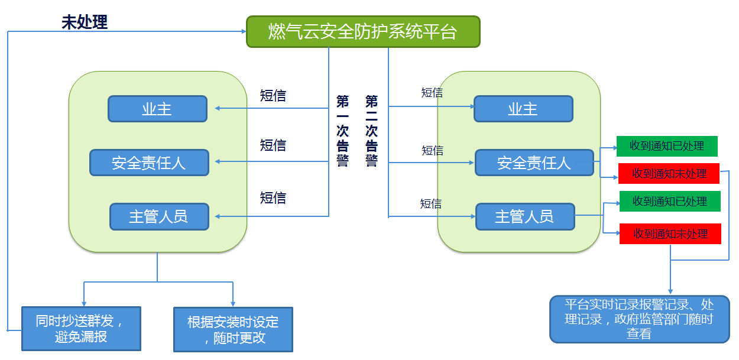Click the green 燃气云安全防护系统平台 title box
363,31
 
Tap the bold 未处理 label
85,22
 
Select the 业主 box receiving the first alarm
157,109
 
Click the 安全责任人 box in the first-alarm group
149,163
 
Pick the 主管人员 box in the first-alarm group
159,216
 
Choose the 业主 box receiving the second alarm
523,109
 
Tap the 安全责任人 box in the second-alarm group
534,163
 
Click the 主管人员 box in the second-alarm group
525,216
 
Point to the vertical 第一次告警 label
342,131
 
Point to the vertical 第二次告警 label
371,131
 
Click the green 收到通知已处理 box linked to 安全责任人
667,145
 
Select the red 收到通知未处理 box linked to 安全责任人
669,173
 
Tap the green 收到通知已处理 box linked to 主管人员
670,202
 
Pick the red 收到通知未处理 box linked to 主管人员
670,233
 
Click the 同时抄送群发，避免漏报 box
81,329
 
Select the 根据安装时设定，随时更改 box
233,329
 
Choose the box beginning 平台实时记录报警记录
639,319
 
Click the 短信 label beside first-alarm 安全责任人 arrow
273,145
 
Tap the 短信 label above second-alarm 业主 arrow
432,92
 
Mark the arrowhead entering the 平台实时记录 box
670,291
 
